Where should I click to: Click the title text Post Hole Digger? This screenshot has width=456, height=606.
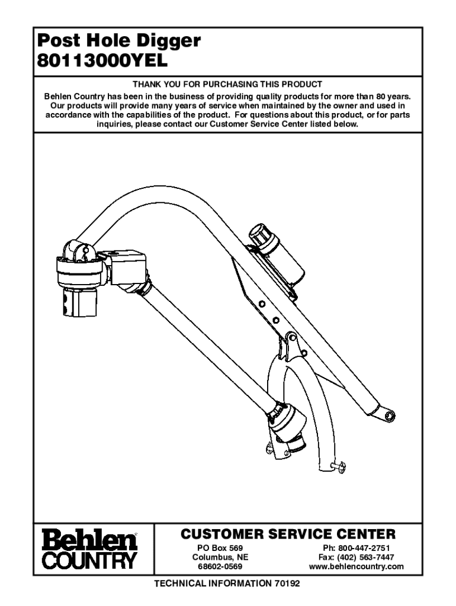[118, 42]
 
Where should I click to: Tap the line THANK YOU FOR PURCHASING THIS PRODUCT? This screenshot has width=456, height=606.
[227, 85]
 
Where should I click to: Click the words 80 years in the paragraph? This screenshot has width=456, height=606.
[393, 95]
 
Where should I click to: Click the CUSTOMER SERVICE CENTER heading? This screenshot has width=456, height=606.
[287, 534]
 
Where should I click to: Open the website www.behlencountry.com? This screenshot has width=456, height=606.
[357, 567]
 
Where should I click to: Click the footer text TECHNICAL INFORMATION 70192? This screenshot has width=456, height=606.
[227, 584]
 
